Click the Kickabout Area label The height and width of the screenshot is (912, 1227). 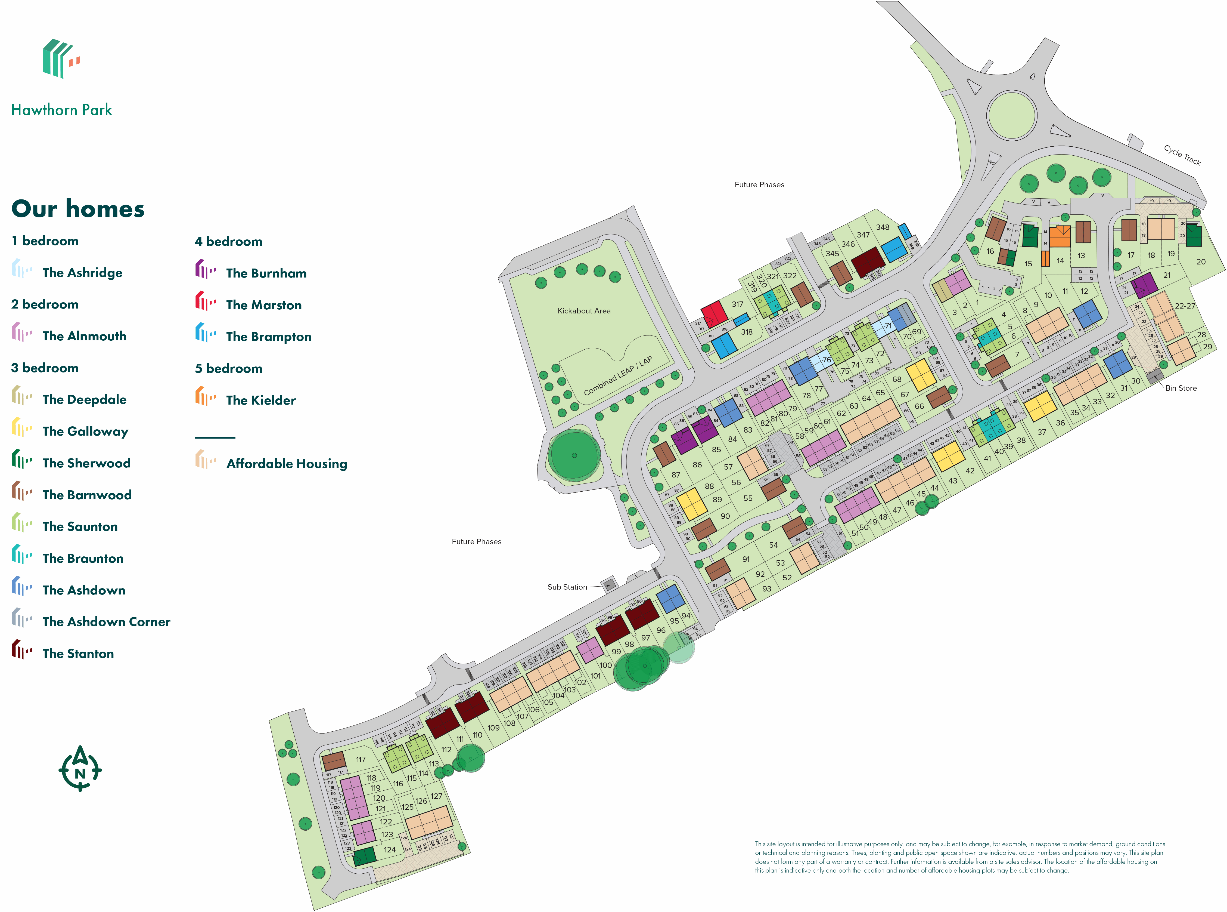tap(584, 311)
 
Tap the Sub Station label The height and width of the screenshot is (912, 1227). tap(567, 587)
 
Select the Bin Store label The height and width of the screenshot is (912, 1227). tap(1181, 388)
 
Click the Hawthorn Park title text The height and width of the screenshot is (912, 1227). tap(61, 110)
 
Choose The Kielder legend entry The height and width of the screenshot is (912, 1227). tap(260, 400)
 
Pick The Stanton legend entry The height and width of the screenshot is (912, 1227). tap(78, 654)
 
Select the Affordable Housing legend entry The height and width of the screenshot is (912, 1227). tap(286, 464)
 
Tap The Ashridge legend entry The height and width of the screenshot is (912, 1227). tap(82, 273)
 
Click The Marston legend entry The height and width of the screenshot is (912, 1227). tap(264, 305)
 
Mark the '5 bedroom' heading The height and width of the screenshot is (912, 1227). tap(228, 368)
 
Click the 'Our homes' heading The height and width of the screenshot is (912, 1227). tap(78, 209)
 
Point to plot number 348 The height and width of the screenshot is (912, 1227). tap(882, 227)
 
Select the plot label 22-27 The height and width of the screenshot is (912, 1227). tap(1185, 306)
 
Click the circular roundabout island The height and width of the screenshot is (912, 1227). tap(1011, 115)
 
